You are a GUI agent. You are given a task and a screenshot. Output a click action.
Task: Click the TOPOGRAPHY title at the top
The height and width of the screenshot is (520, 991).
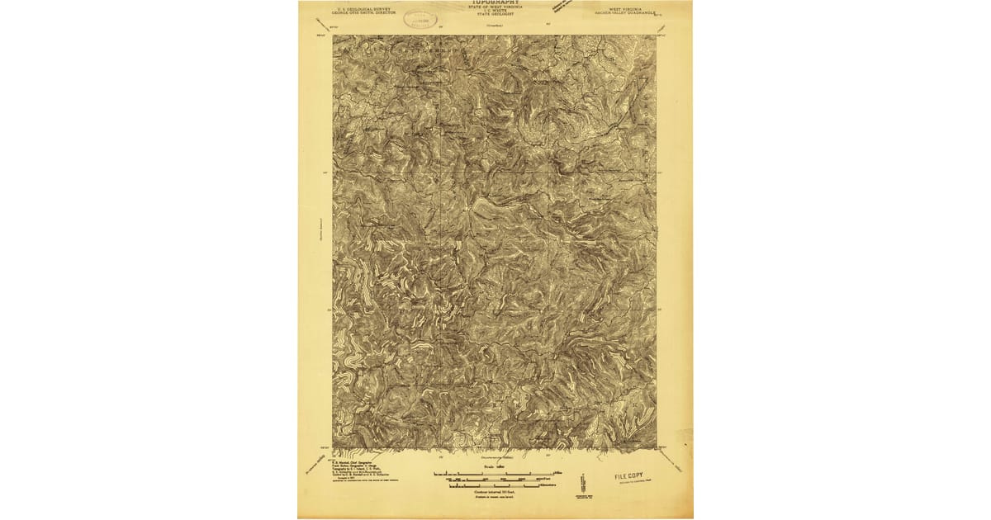[496, 2]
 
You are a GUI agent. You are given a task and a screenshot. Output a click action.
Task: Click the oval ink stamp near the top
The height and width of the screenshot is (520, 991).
[421, 18]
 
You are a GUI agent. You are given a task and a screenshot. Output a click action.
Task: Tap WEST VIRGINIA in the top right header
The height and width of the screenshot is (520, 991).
[625, 8]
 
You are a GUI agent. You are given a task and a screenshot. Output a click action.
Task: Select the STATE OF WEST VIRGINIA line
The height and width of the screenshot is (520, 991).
[496, 7]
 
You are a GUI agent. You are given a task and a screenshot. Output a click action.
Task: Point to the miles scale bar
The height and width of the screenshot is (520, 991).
[496, 473]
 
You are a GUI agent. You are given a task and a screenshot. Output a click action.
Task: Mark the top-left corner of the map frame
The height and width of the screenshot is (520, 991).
[334, 35]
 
